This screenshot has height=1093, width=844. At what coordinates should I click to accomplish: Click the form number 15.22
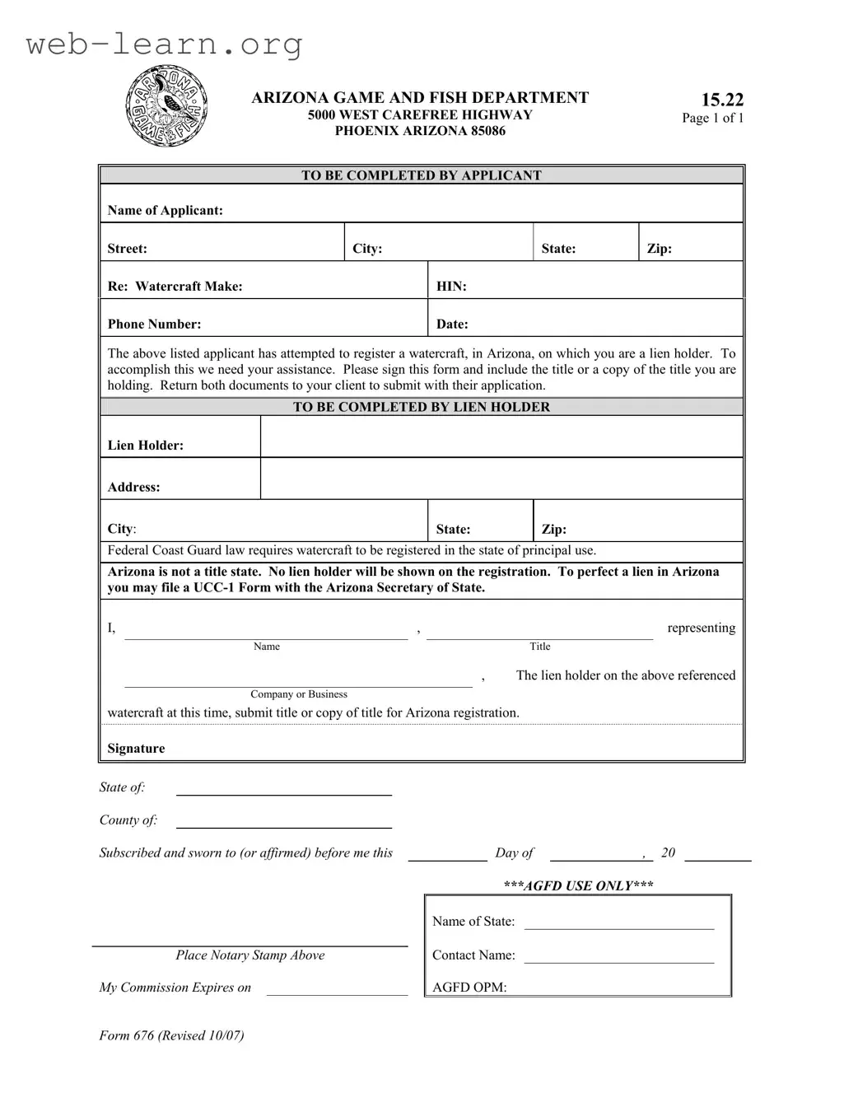(722, 100)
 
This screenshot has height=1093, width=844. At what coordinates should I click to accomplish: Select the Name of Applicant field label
(165, 210)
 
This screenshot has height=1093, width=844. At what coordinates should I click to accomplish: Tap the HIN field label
(451, 287)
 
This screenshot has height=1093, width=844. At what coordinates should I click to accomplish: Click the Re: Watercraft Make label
(175, 287)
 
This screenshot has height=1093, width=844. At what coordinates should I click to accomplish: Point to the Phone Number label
(154, 325)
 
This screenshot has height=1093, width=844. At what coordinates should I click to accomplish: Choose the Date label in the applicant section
(452, 325)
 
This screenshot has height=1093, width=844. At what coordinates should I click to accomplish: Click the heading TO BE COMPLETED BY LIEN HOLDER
(421, 407)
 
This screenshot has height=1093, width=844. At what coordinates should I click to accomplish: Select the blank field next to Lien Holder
(501, 437)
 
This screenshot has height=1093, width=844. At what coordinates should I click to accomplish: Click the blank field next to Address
(501, 479)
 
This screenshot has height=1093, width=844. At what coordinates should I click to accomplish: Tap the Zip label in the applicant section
(659, 249)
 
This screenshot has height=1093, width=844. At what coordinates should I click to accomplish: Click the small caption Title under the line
(540, 647)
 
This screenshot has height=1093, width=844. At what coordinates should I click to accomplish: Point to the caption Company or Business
(299, 694)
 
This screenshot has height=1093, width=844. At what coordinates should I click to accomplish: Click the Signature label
(136, 749)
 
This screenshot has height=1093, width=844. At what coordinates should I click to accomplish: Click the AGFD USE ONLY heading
(578, 886)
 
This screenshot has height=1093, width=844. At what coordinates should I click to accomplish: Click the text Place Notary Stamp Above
(249, 955)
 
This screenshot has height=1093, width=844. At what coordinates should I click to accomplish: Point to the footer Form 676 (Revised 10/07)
(171, 1035)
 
